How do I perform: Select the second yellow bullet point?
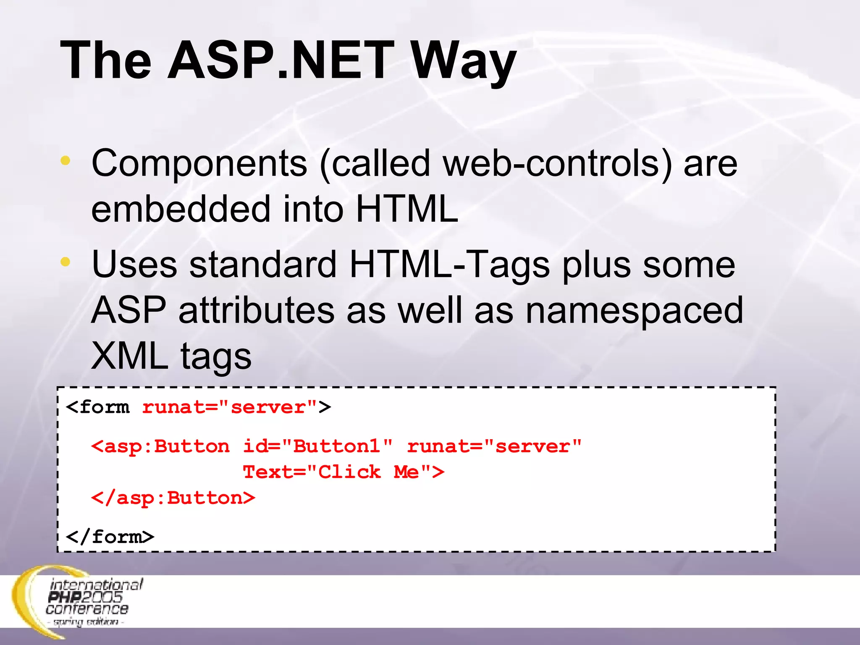65,262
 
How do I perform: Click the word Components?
199,164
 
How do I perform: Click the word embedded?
181,209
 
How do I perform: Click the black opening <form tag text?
98,407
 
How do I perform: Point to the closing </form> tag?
110,537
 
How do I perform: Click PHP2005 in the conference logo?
85,597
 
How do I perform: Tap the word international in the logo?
97,585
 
